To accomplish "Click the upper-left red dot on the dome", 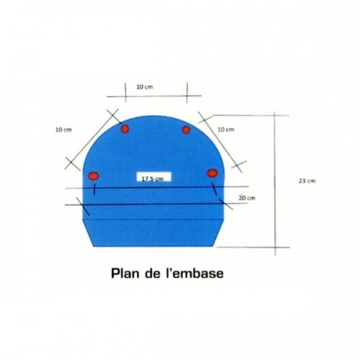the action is click(x=125, y=129).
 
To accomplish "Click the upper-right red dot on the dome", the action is click(x=186, y=130).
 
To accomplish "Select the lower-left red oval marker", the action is click(x=94, y=176).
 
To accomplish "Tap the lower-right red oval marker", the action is click(x=212, y=173).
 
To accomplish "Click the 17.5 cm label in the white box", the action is click(x=153, y=179).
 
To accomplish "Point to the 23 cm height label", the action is click(x=307, y=181).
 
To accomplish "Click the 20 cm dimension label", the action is click(x=247, y=198).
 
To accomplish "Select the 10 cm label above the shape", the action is click(x=145, y=87).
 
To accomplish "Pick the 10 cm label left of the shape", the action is click(x=63, y=130).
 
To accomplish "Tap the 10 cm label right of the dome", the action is click(x=226, y=130).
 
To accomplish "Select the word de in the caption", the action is click(x=153, y=273).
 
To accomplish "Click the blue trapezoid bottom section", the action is click(x=153, y=233).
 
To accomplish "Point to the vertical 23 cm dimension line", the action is click(x=275, y=184).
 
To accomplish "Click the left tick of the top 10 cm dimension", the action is click(x=125, y=92).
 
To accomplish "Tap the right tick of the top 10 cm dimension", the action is click(x=187, y=93).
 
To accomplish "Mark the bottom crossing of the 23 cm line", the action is click(x=275, y=247).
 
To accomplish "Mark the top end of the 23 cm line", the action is click(x=275, y=112).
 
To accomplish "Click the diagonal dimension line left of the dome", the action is click(x=91, y=139).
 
